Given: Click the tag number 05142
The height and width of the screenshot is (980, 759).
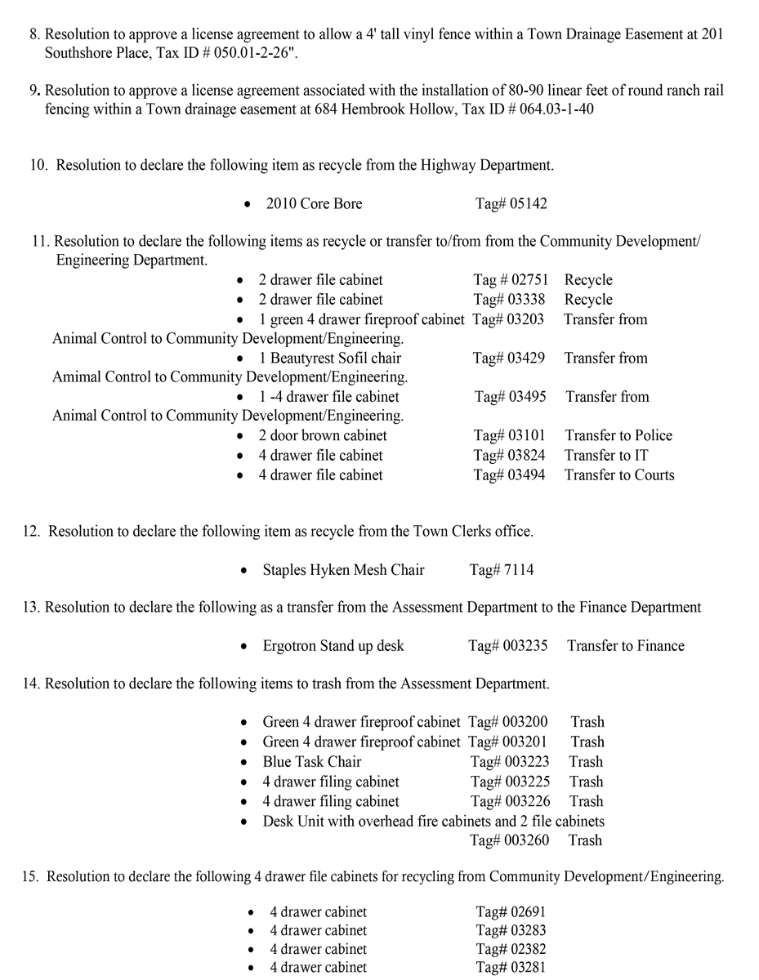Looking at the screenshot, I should pos(528,204).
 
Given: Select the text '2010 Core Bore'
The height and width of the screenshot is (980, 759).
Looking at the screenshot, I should pos(314,204).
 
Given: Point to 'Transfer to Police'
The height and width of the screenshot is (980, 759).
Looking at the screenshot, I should pos(618,436).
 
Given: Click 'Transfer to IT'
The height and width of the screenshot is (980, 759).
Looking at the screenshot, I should pos(605,456).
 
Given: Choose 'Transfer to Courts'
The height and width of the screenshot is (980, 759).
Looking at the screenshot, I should pos(618,475).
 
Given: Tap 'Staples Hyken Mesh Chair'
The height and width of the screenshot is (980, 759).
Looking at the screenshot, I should pos(343,570).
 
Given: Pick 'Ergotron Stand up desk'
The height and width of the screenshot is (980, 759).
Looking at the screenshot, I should pos(333,646).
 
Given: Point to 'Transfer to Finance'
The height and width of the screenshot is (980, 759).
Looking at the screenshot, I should pos(625,646).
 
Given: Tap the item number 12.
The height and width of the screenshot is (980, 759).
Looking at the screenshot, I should pos(31,532).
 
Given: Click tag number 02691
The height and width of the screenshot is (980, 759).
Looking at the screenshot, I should pos(528,911).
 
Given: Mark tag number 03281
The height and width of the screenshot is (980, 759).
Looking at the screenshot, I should pos(528,969).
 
